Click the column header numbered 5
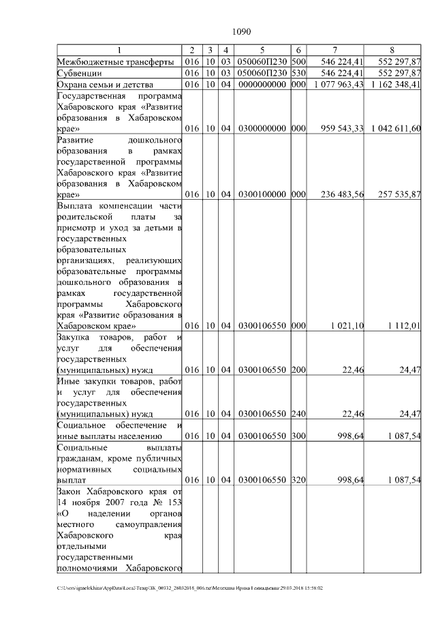click(262, 50)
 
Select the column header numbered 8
click(392, 50)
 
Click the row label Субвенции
click(80, 72)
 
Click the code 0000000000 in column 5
click(262, 84)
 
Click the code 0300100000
click(262, 194)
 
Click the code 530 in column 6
click(298, 72)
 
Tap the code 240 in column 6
click(298, 414)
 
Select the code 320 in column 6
click(298, 480)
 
